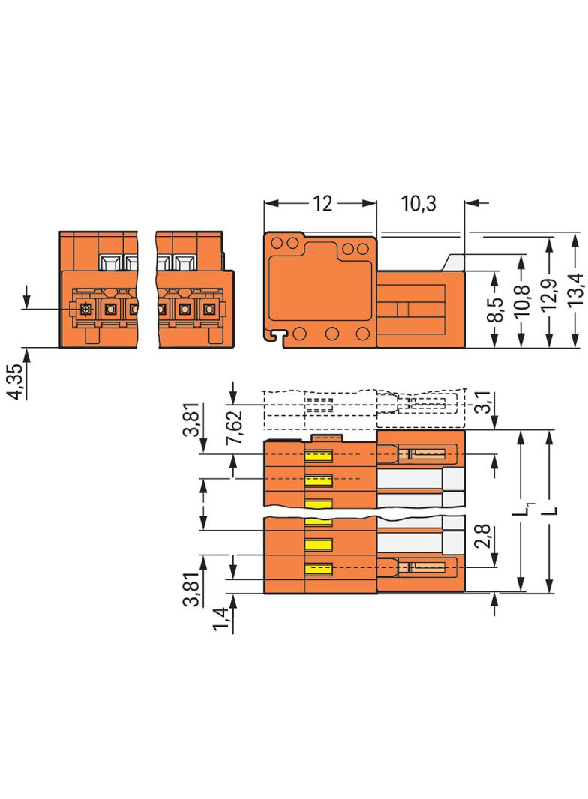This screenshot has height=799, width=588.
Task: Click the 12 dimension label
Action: (x=322, y=204)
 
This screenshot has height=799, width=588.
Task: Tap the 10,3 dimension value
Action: (x=418, y=204)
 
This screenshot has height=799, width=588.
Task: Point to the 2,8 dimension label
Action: (x=482, y=536)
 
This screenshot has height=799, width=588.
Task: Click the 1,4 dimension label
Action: (x=220, y=619)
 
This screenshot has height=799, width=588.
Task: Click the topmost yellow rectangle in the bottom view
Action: (x=319, y=456)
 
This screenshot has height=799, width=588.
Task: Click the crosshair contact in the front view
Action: (x=85, y=309)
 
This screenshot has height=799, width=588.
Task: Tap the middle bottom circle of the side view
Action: (x=332, y=334)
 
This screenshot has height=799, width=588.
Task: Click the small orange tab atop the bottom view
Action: (x=327, y=438)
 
